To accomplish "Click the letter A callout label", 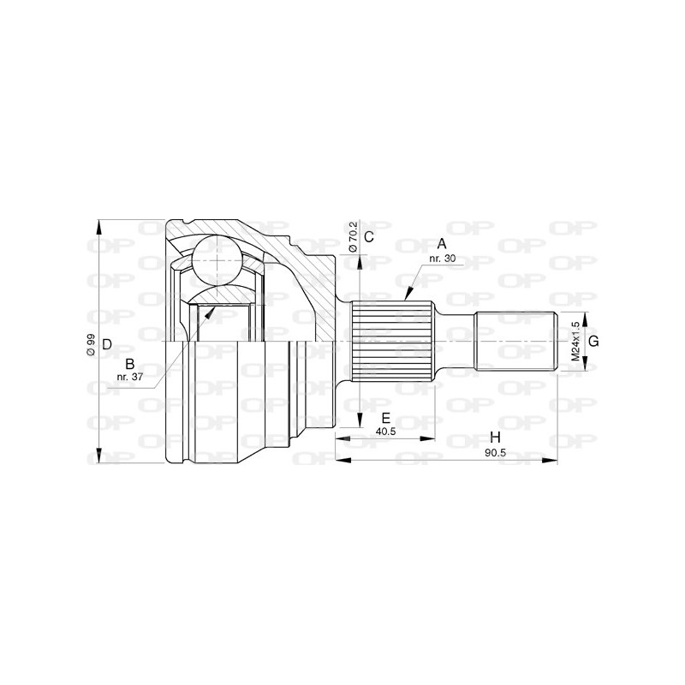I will tap(442, 243).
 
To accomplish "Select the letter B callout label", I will tap(130, 364).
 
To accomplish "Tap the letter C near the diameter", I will tap(369, 236).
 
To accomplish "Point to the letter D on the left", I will tap(107, 344).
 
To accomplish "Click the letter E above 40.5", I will tap(386, 419).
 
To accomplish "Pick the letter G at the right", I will tap(593, 341).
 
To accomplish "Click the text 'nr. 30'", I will tap(442, 258).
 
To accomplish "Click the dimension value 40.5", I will tap(386, 432).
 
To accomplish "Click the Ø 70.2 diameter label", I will tap(352, 236).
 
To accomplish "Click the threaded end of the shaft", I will tap(514, 342).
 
